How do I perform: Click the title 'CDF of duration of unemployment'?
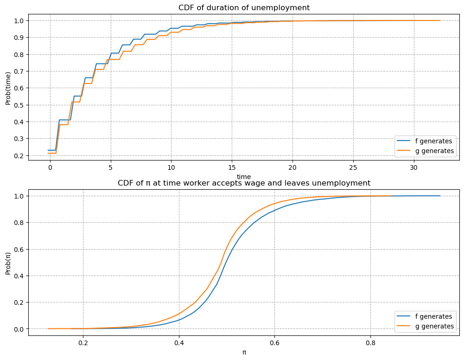click(244, 7)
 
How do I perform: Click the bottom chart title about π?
click(244, 183)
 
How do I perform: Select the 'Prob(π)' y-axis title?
click(8, 262)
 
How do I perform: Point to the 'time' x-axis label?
click(244, 176)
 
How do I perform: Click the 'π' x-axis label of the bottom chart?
click(244, 352)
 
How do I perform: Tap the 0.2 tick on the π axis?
click(83, 343)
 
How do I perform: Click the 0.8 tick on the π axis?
click(370, 343)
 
